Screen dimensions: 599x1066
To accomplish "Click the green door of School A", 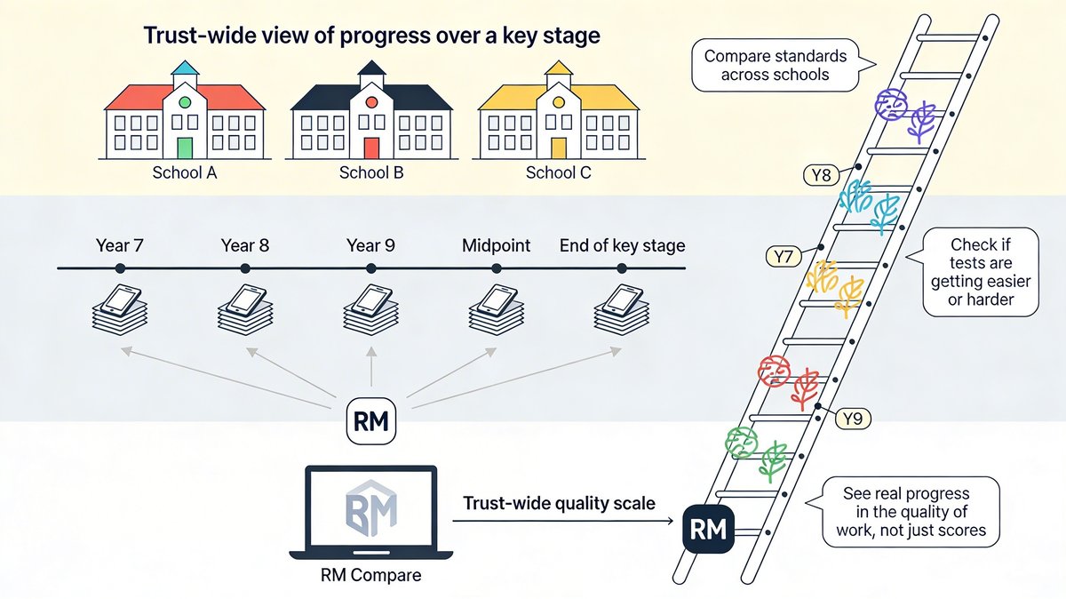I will (185, 147).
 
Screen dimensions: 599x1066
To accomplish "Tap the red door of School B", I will (371, 147).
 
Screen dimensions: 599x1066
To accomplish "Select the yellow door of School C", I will (558, 147).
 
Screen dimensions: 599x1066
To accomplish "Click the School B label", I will (371, 172).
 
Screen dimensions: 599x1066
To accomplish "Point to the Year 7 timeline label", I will (120, 246).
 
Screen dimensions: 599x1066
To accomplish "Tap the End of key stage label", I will (622, 246).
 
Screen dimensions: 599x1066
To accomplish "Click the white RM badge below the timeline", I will (370, 420).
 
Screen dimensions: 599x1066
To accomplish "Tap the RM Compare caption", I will (370, 575).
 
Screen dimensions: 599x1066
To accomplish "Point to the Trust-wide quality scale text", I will (559, 504).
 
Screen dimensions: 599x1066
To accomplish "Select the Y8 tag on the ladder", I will (822, 175).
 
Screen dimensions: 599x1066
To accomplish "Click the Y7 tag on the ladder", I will (783, 258).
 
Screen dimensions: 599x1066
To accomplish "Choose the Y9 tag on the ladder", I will (851, 418).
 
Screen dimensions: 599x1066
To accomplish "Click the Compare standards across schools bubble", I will (775, 66).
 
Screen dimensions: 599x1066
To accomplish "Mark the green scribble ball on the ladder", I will (741, 442).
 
